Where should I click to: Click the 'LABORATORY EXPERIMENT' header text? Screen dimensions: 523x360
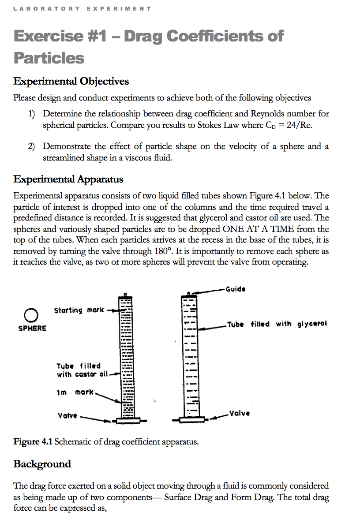click(82, 8)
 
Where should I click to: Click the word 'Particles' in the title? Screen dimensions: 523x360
click(49, 58)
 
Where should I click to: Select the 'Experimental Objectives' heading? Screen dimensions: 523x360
click(71, 82)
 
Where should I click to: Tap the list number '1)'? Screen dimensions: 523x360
click(32, 114)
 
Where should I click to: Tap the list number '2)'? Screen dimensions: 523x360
click(32, 146)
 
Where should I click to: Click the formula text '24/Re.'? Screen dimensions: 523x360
click(299, 125)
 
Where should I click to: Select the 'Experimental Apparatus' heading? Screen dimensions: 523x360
click(68, 179)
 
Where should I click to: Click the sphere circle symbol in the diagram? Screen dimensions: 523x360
click(30, 315)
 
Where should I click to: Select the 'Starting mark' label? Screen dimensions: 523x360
click(79, 310)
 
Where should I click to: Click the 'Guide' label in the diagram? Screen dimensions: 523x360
click(235, 289)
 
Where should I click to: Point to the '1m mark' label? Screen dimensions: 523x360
click(75, 392)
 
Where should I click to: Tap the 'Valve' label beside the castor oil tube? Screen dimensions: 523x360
click(67, 415)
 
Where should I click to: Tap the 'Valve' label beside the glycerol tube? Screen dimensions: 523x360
click(240, 413)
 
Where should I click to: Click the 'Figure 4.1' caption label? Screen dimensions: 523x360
click(33, 441)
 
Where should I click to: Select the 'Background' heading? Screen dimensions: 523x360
click(42, 464)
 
